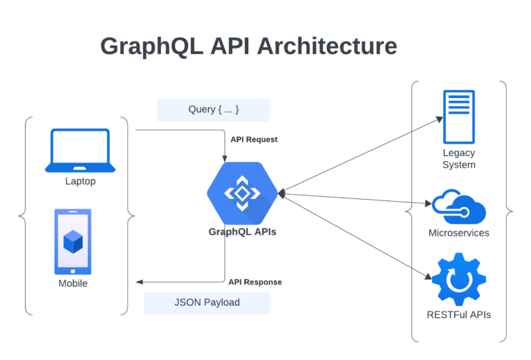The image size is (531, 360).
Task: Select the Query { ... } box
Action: tap(213, 110)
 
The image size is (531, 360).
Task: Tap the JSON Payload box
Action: tap(206, 303)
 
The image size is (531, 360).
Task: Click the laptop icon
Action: tap(80, 150)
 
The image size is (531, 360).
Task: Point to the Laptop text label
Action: tap(80, 182)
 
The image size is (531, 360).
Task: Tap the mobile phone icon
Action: tap(73, 241)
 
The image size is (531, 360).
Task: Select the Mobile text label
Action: tap(73, 283)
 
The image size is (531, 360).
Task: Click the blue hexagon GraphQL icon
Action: tap(242, 193)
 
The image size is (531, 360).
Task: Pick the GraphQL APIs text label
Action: tap(242, 232)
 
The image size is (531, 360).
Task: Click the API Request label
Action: tap(254, 140)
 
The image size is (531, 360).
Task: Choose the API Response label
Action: tap(255, 282)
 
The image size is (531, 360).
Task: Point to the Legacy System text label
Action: tap(459, 159)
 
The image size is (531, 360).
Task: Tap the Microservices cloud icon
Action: tap(459, 207)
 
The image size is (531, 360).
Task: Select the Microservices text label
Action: tap(459, 233)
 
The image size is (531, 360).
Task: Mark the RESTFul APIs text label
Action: tap(459, 315)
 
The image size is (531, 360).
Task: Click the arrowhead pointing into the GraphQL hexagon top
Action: tap(225, 159)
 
